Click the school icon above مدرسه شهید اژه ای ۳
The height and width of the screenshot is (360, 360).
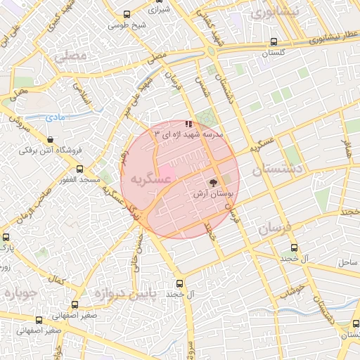click(188, 123)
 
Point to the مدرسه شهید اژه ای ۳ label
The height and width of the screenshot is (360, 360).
click(187, 133)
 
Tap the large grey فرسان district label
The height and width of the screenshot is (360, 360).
click(273, 229)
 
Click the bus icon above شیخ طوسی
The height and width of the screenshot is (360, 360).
click(127, 14)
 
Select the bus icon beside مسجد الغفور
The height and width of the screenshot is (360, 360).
click(79, 169)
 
